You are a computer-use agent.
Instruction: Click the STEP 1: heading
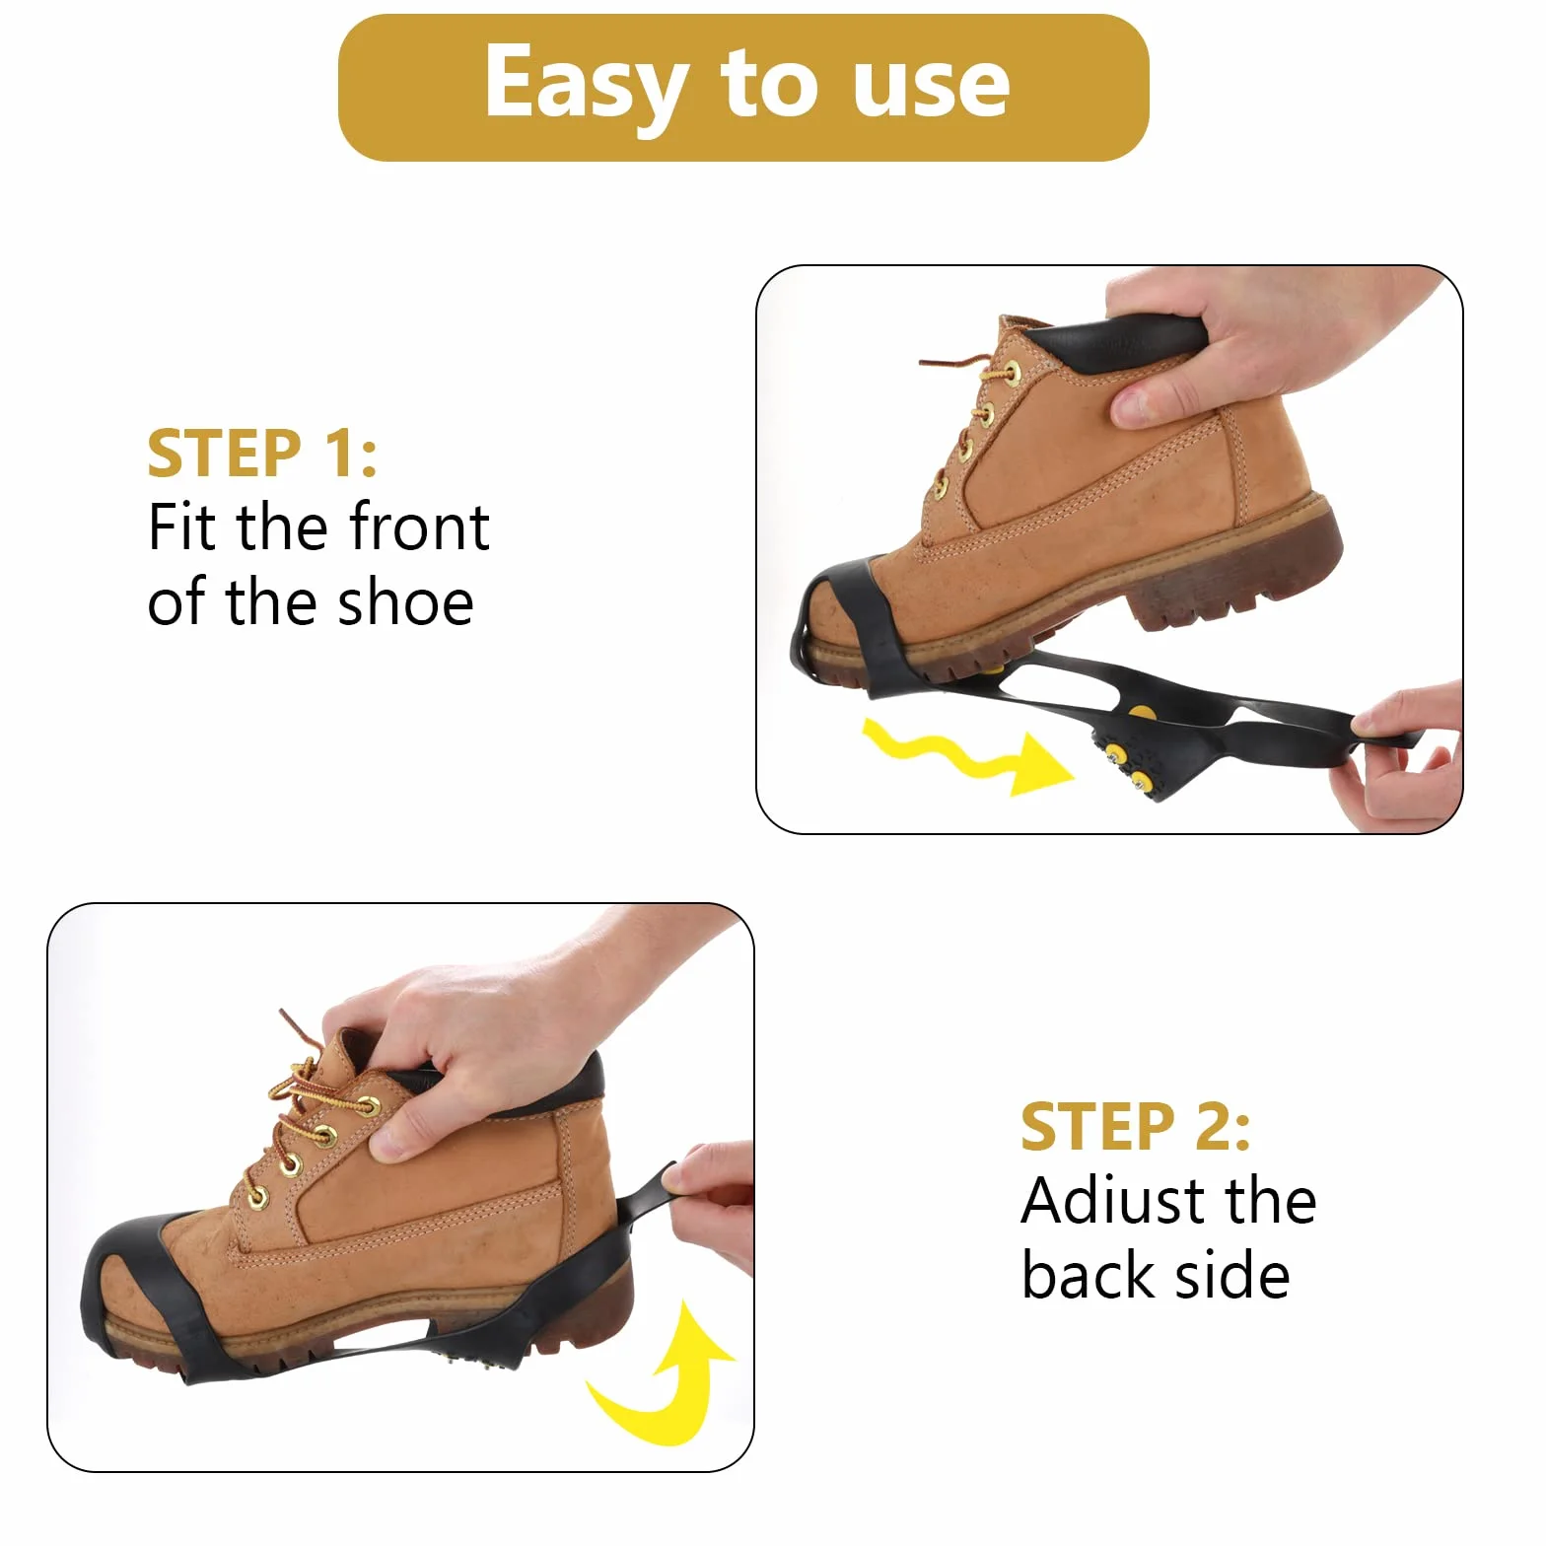[x=262, y=454]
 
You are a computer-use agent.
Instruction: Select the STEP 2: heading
[x=1136, y=1127]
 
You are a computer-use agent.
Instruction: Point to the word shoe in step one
[x=405, y=602]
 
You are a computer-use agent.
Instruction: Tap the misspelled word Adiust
[x=1113, y=1202]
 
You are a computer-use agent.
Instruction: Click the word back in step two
[x=1089, y=1275]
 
